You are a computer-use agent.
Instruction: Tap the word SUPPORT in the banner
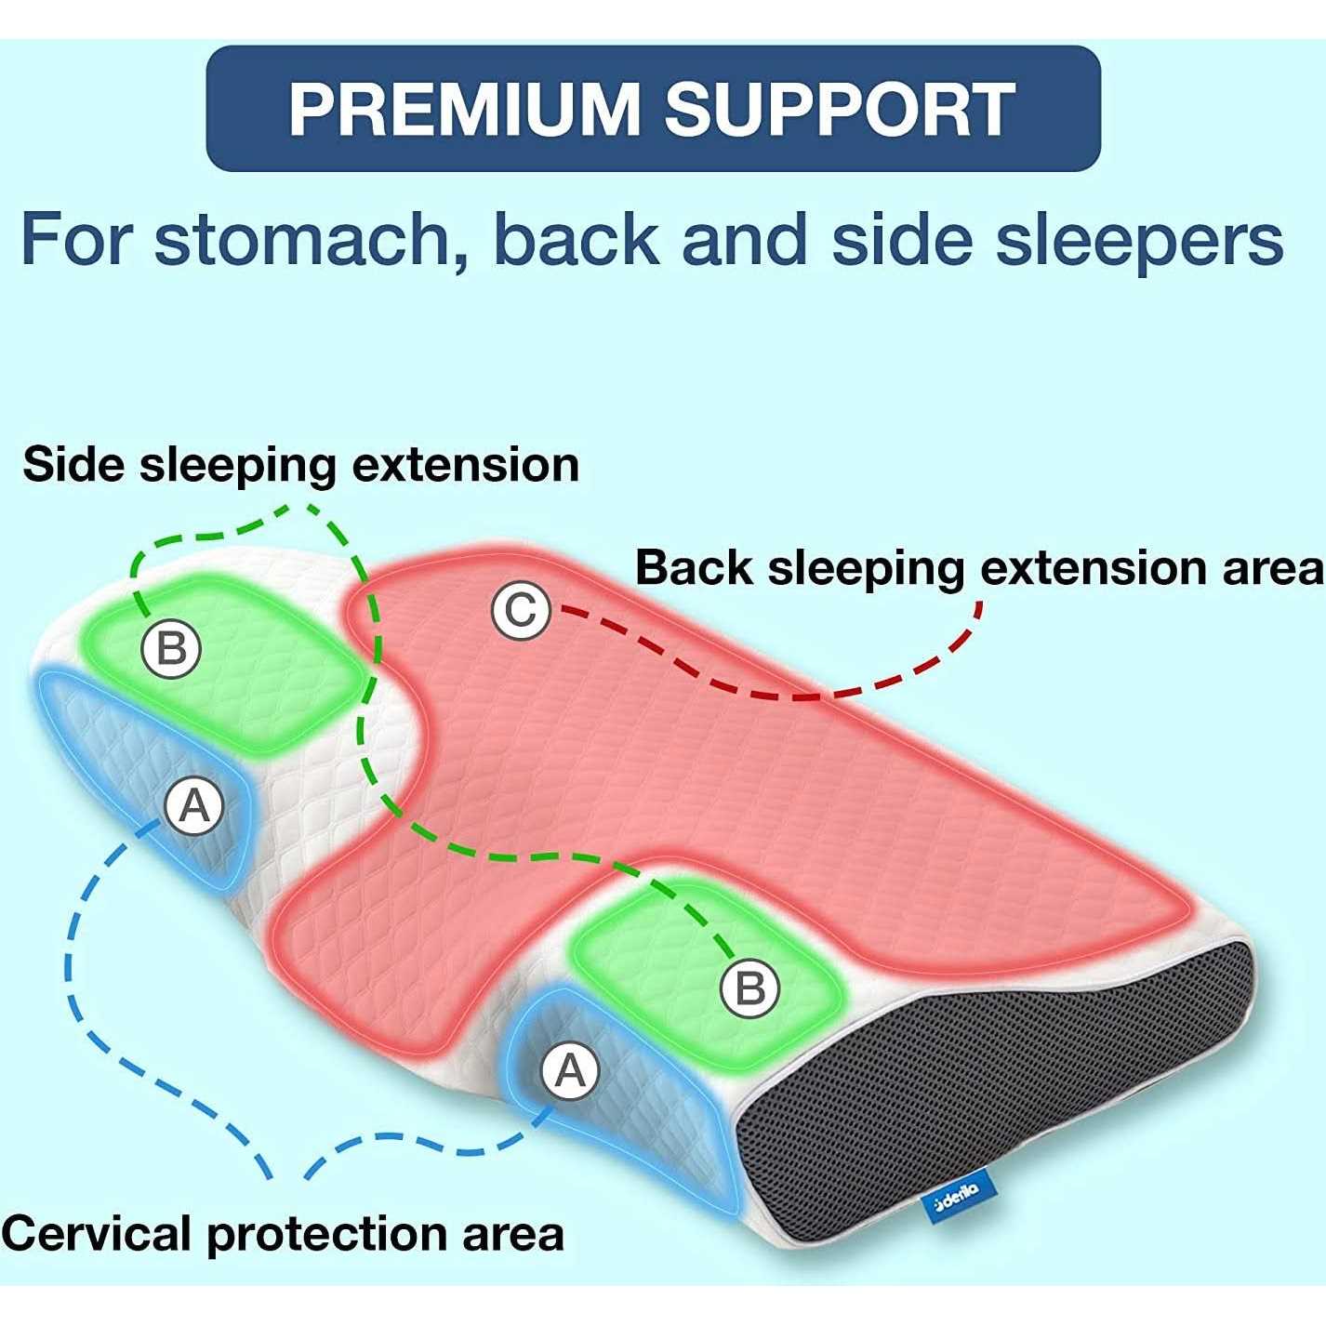[x=838, y=109]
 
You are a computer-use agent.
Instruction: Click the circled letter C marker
[x=521, y=611]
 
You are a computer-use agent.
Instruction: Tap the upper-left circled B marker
[x=171, y=647]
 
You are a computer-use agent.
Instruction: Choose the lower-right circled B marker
[x=749, y=988]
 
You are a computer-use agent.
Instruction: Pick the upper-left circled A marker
[x=194, y=805]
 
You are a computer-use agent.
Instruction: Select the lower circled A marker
[x=570, y=1071]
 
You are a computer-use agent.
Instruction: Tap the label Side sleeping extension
[x=300, y=464]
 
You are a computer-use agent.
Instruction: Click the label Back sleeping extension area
[x=979, y=567]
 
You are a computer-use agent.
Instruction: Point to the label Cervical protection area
[x=283, y=1234]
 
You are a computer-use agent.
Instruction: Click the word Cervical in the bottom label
[x=98, y=1234]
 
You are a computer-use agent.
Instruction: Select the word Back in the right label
[x=694, y=567]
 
